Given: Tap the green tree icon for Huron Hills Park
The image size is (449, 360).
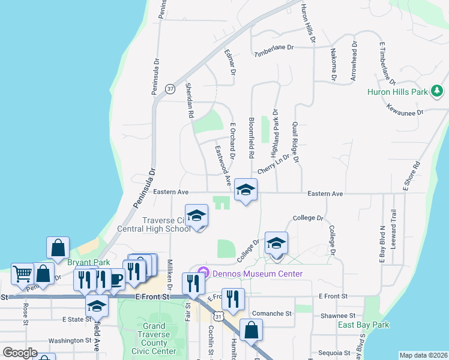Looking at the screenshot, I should coord(438,91).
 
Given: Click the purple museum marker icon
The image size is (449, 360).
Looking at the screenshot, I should coord(203,274).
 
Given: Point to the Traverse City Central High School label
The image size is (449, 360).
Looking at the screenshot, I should coord(166,224).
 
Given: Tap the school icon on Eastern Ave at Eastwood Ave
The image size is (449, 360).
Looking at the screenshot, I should coord(245,191).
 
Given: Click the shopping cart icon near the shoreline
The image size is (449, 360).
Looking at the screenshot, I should coord(22,274).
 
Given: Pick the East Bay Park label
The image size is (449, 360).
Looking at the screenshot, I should coord(363,325).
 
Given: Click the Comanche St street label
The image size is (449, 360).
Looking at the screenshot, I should coord(272,313).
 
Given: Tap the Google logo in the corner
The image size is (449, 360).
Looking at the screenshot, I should coord(20,353).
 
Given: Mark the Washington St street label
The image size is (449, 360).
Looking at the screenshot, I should coord(70,340).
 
